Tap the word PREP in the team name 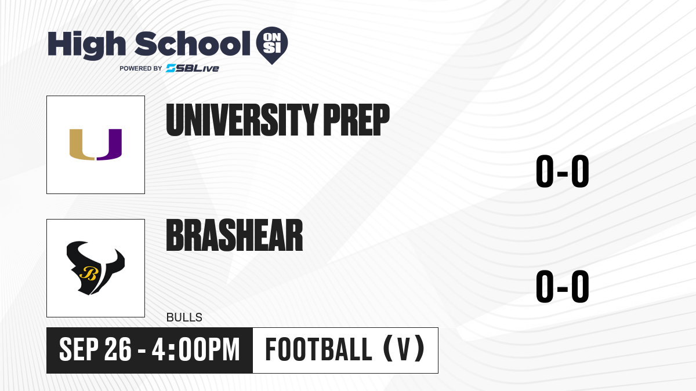tap(356, 120)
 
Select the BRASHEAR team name tap(234, 235)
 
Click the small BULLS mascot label tap(184, 317)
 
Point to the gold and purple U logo tap(95, 145)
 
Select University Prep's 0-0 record tap(563, 171)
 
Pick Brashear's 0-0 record tap(563, 286)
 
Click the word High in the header tap(87, 45)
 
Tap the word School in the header tap(193, 43)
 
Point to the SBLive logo tap(193, 68)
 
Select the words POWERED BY tap(141, 68)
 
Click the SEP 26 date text tap(95, 349)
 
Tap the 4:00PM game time tap(196, 349)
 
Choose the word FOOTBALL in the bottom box tap(318, 349)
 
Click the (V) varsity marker tap(404, 349)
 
